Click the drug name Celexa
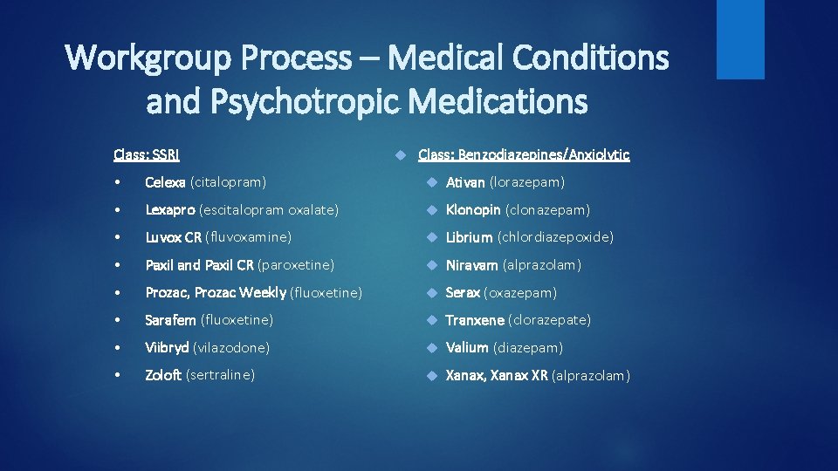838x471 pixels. pos(165,182)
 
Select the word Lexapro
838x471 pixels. pos(170,210)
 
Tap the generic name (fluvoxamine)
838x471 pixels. pos(248,237)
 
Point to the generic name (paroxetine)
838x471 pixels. pos(296,265)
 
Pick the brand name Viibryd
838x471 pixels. pos(167,348)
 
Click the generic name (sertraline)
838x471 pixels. pos(221,375)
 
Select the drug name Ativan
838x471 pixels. pos(465,182)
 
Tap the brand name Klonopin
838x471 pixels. pos(473,210)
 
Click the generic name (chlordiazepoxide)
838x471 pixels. pos(555,237)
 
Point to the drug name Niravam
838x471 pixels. pos(472,265)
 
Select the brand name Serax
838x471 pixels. pos(463,293)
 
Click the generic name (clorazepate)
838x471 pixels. pos(549,320)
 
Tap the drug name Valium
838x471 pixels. pos(467,348)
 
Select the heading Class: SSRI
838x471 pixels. pos(147,155)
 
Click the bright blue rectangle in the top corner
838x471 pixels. pos(740,39)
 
